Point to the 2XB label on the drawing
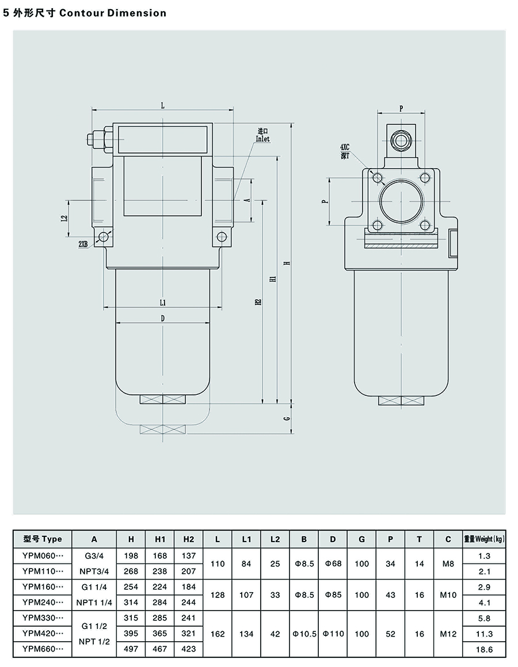click(x=83, y=244)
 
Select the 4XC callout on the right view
click(x=345, y=149)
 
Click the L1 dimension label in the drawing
click(x=163, y=302)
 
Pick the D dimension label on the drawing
click(x=163, y=318)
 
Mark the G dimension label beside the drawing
click(x=286, y=418)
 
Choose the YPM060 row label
click(x=43, y=555)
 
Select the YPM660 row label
click(x=43, y=649)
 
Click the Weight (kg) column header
click(x=484, y=539)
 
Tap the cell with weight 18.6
click(x=484, y=649)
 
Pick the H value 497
click(x=131, y=649)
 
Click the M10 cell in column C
click(x=448, y=594)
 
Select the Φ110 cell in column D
click(x=333, y=634)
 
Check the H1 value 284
click(x=160, y=602)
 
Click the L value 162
click(x=218, y=634)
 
